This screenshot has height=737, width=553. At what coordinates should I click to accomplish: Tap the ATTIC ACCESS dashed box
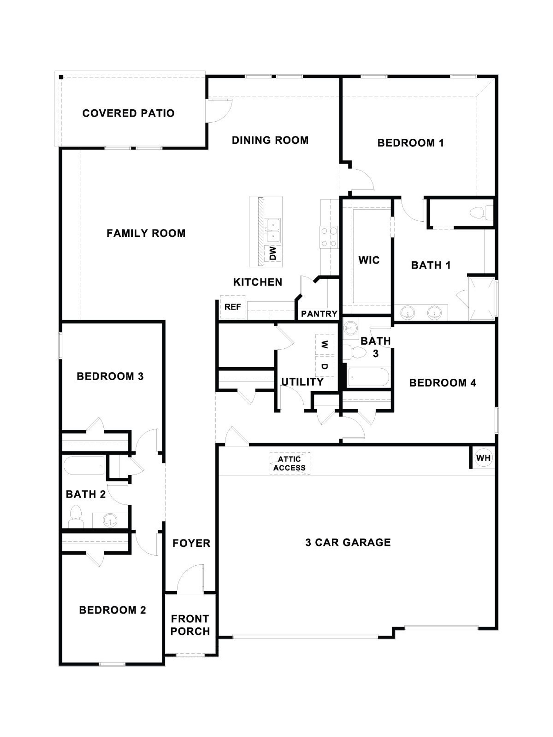coord(289,463)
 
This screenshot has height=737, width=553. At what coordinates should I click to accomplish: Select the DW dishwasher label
coord(273,253)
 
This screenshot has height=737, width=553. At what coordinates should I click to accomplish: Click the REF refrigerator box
coord(232,307)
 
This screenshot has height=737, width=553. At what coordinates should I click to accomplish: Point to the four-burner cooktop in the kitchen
coord(329,237)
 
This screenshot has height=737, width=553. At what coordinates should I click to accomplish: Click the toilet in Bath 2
coord(76,516)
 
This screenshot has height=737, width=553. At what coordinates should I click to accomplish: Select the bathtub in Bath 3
coord(368,377)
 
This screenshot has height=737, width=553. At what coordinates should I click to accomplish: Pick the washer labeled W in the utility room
coord(324,344)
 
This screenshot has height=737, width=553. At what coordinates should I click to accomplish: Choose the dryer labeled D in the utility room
coord(324,366)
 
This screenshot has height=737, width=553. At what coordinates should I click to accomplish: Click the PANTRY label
coord(319,314)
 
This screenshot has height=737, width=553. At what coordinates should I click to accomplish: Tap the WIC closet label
coord(369,260)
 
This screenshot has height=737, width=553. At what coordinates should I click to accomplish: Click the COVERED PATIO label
coord(128,113)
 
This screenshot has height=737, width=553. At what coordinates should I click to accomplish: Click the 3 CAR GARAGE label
coord(348,542)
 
